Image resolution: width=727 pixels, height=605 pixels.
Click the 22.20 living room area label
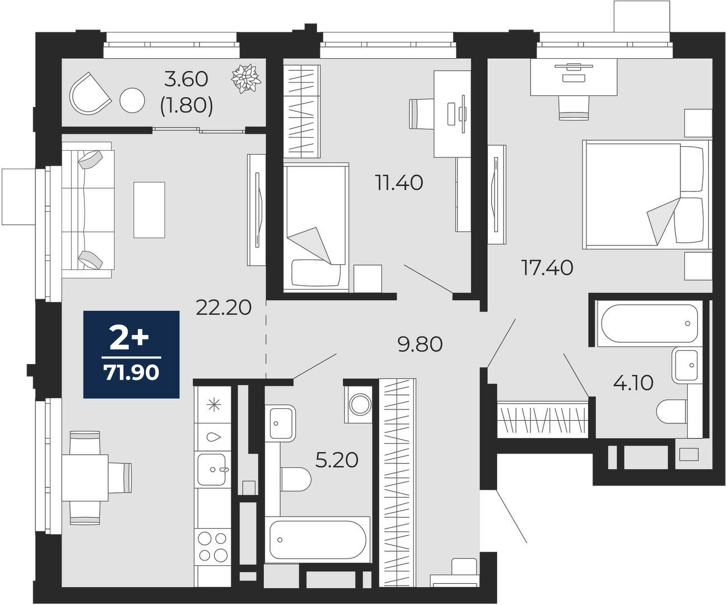pos(223,308)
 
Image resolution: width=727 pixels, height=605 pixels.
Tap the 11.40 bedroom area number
pos(399,183)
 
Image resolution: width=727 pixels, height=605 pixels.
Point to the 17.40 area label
pos(547,268)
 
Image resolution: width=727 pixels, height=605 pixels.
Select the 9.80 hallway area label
pos(420,344)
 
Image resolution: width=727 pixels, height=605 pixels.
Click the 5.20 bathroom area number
pos(337,460)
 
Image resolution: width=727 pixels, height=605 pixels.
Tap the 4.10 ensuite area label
pos(633,383)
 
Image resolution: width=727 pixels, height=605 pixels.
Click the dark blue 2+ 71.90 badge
pos(132,354)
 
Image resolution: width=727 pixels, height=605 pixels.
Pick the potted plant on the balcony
pos(246,79)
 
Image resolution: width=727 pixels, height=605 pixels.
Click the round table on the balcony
pos(132,100)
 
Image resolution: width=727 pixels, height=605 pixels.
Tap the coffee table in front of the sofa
pos(149,210)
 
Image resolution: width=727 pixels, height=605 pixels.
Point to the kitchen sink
pos(212,469)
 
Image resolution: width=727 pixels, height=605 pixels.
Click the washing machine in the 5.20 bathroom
pos(360,404)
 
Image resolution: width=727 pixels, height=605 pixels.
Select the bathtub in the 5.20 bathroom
pos(317,539)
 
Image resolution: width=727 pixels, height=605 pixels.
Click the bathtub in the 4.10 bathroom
pos(649,324)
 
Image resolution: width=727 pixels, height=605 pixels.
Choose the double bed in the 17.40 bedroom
pos(646,195)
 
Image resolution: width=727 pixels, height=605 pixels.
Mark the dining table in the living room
pos(85,477)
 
